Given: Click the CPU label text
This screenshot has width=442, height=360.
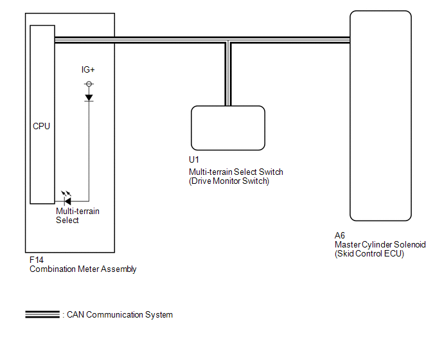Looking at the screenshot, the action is [x=41, y=126].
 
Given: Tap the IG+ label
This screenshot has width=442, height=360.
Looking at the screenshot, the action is [x=88, y=69].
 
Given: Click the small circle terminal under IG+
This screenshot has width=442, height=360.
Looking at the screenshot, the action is [x=89, y=84].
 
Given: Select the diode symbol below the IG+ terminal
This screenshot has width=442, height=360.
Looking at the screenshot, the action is [x=89, y=98].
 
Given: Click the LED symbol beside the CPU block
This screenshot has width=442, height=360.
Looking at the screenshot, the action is [x=67, y=201].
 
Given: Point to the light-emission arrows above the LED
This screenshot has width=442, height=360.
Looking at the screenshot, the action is [x=66, y=194].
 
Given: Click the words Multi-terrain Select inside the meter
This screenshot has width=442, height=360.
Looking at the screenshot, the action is [x=78, y=215].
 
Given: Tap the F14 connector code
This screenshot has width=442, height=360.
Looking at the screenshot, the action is [x=37, y=260].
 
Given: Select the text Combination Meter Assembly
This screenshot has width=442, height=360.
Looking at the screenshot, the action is [x=83, y=269].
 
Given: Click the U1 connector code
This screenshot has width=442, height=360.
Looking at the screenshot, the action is [x=194, y=159].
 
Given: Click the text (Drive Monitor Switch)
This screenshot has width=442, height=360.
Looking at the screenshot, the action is [x=229, y=181].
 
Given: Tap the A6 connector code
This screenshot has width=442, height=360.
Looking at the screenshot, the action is [x=340, y=235].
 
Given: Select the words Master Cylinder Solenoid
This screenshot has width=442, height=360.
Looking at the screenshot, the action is [x=380, y=245].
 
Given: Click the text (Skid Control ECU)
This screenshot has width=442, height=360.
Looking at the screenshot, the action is [x=369, y=254].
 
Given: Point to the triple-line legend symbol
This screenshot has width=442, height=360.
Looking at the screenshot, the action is [x=42, y=314].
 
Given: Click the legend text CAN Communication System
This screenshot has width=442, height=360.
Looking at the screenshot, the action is [x=119, y=314].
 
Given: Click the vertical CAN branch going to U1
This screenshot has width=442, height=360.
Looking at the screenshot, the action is [x=228, y=74].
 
